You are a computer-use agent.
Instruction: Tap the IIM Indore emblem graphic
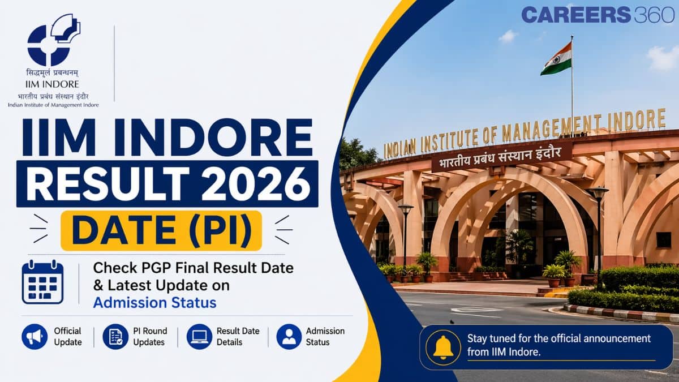click(54, 40)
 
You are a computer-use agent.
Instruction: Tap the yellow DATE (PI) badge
click(161, 231)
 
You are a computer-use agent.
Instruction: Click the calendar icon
click(43, 282)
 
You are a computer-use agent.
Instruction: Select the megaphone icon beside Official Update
click(35, 337)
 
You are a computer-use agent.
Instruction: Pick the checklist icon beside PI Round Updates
click(115, 337)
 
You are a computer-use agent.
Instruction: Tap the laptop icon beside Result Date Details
click(199, 337)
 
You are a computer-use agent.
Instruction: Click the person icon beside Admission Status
click(289, 337)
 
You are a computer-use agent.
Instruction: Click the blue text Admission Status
click(155, 303)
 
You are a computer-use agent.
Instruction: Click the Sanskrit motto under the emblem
click(52, 73)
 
